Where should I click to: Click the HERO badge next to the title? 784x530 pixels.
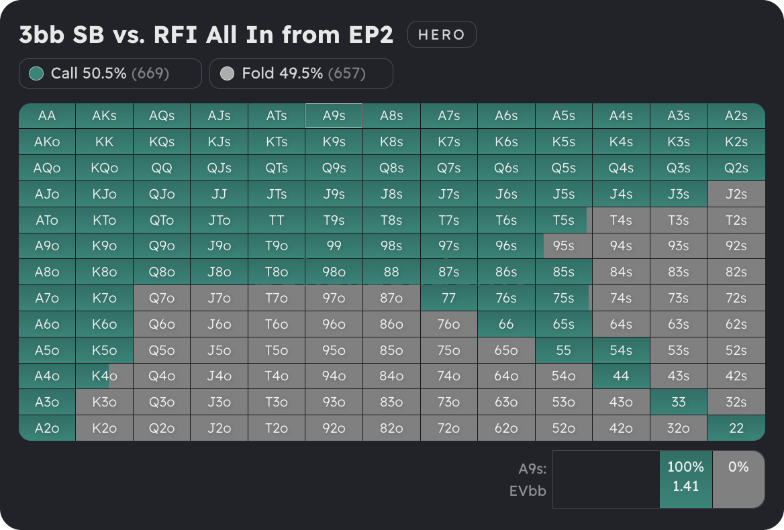coord(442,35)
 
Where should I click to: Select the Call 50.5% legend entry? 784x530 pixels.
coord(110,73)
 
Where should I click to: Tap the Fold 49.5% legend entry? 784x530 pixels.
coord(301,73)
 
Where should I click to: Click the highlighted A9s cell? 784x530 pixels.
coord(334,115)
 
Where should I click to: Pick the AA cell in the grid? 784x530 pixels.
coord(47,115)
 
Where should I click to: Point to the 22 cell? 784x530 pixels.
coord(736,428)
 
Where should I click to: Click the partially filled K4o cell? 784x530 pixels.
coord(104,376)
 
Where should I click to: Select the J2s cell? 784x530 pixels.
coord(736,194)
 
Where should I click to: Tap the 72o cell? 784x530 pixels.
coord(448,428)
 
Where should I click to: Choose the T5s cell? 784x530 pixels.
coord(563,220)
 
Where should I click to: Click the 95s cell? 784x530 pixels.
coord(563,246)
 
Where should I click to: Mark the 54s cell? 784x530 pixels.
coord(621,350)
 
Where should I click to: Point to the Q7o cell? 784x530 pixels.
coord(162,298)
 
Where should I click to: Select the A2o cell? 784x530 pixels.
coord(47,428)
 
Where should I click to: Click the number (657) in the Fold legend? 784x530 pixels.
coord(346,73)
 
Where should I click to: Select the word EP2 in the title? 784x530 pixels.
coord(369,35)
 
